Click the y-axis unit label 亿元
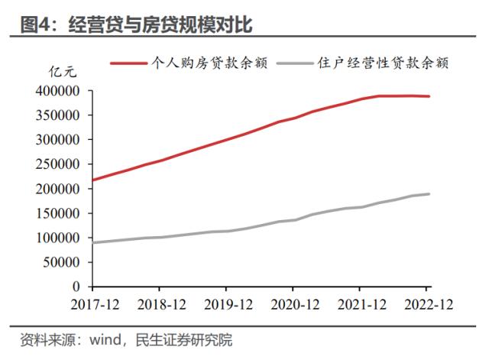(x=63, y=74)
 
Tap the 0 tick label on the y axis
(x=76, y=287)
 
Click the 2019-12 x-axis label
(x=226, y=303)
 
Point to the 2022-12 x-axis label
(x=429, y=303)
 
